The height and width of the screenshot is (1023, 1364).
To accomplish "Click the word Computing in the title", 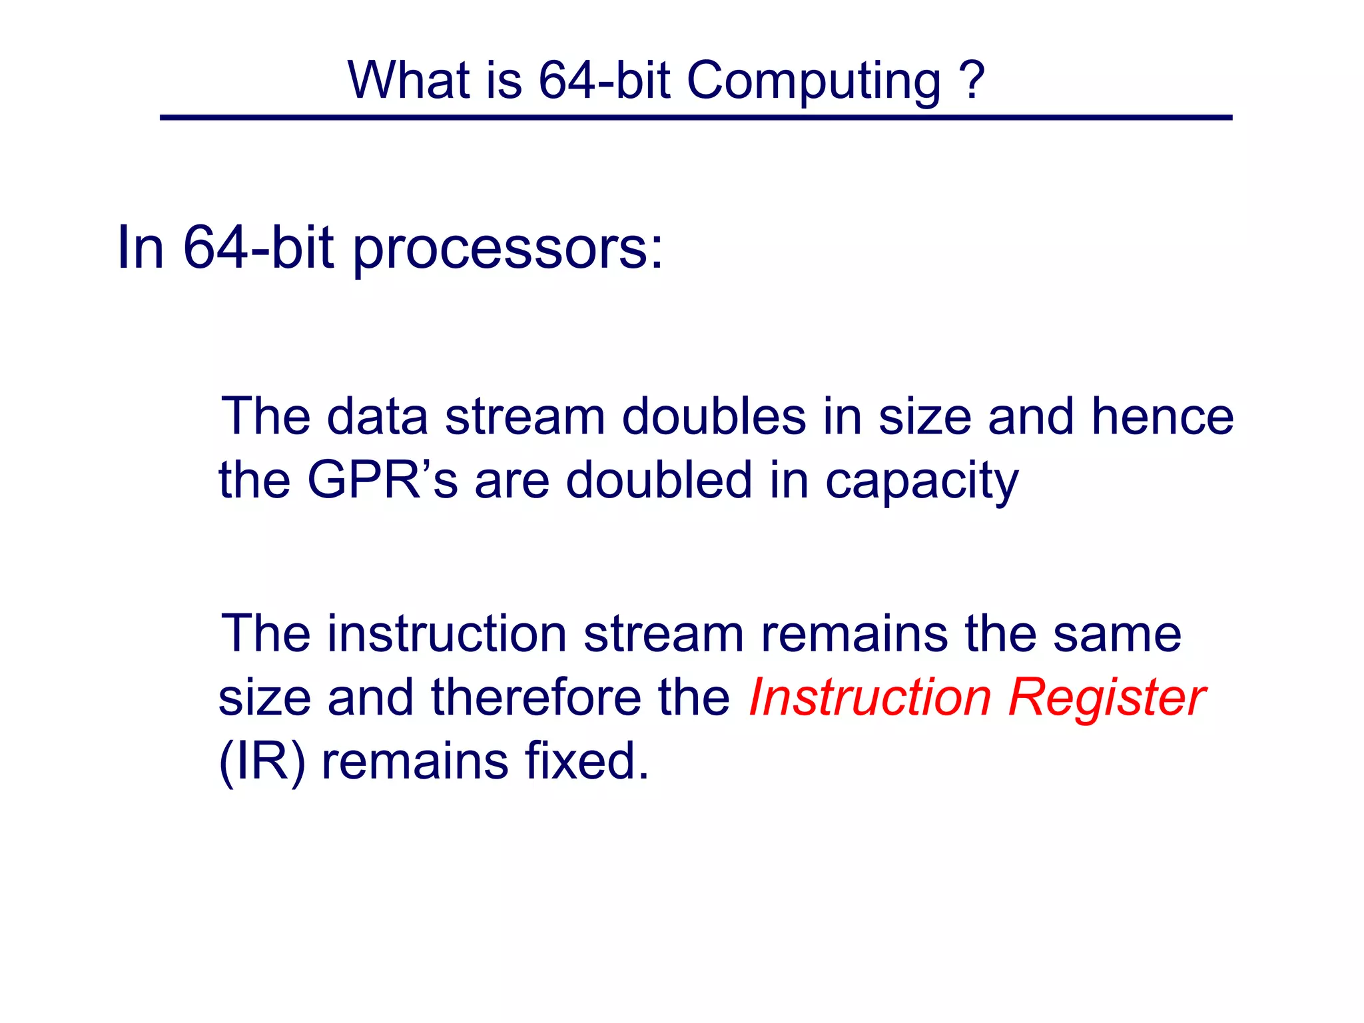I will coord(814,81).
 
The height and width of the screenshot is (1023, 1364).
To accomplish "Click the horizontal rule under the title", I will coord(695,118).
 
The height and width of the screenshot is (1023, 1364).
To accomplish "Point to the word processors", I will coord(508,250).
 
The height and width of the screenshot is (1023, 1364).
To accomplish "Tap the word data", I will coord(378,417).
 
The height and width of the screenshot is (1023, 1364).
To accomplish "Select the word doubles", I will coord(714,417).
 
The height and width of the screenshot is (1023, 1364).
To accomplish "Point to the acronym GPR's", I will coord(382,480).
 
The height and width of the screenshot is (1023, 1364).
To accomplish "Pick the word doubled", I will coord(659,480).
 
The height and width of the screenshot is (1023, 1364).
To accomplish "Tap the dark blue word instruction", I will coord(447,633).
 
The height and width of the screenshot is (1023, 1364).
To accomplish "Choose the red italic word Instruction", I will coord(870,697).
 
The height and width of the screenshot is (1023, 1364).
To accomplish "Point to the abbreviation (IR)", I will coord(262,761).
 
